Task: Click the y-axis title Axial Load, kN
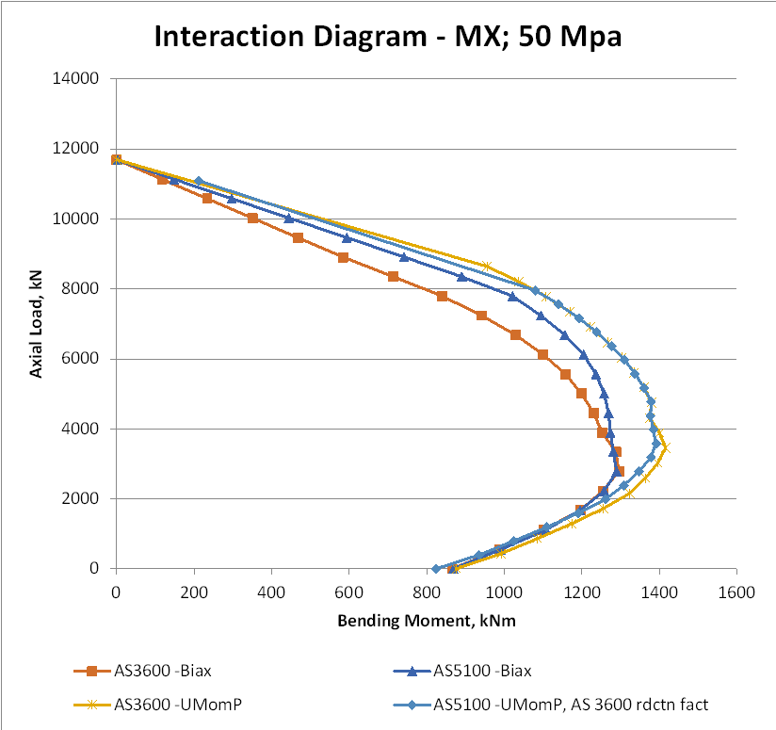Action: pos(37,322)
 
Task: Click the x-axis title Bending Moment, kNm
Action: pos(426,621)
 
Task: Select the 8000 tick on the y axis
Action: pos(83,288)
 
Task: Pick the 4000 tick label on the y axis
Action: pos(83,429)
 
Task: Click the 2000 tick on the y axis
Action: pos(83,498)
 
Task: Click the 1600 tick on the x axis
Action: pos(736,592)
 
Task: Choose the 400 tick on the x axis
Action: pos(271,592)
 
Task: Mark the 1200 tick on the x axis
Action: pos(581,592)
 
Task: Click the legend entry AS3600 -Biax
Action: pos(156,671)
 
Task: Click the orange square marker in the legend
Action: pos(92,671)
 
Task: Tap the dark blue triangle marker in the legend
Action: pos(410,671)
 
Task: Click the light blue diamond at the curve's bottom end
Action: pos(436,568)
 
